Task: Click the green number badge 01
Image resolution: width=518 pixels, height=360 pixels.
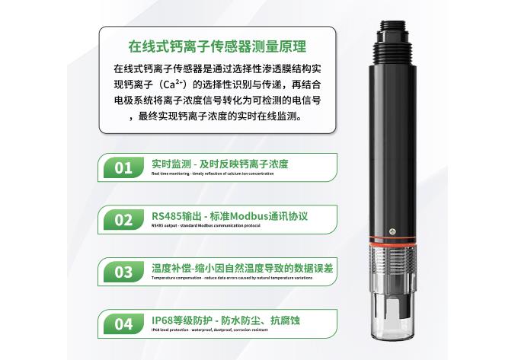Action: click(123, 167)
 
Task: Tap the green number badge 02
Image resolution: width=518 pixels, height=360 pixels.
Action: click(123, 219)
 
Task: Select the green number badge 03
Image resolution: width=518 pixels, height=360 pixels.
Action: click(123, 272)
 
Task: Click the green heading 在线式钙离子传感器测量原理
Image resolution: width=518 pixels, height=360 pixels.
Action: click(217, 46)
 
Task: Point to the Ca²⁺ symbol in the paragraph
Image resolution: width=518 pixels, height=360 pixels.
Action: click(175, 83)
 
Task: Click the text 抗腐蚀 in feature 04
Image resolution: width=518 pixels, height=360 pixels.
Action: click(285, 320)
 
